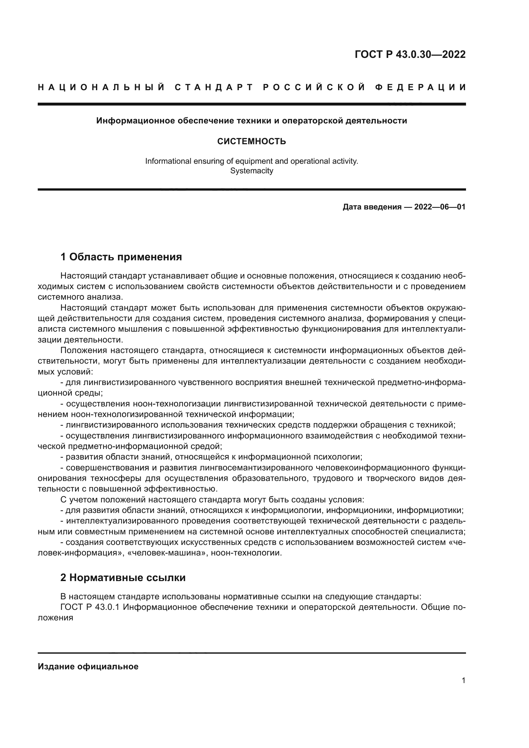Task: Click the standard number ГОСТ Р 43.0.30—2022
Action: pyautogui.click(x=410, y=54)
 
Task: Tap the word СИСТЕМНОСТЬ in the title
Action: pyautogui.click(x=251, y=141)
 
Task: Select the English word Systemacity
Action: pyautogui.click(x=251, y=171)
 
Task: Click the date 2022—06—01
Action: pyautogui.click(x=439, y=207)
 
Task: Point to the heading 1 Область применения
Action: pyautogui.click(x=121, y=257)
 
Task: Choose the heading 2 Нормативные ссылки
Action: pyautogui.click(x=123, y=578)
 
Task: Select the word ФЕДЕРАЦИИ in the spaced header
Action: pyautogui.click(x=421, y=87)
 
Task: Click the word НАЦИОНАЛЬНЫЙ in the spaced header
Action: pyautogui.click(x=101, y=87)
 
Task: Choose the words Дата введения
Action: pyautogui.click(x=372, y=207)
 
